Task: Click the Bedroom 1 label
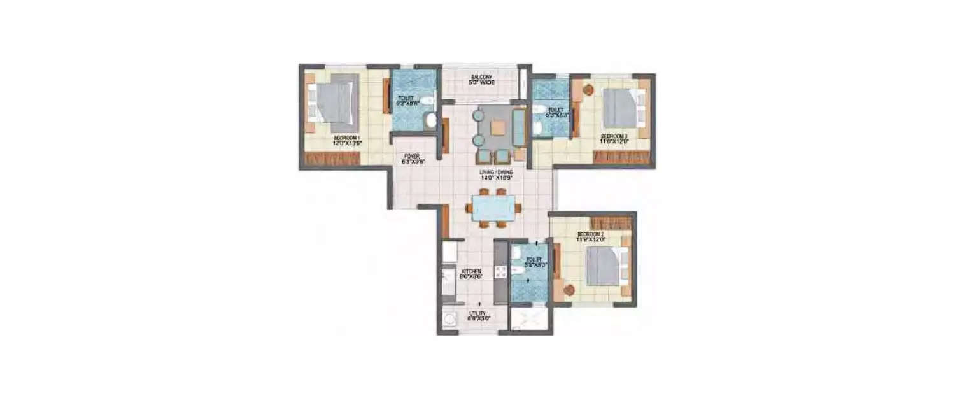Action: pyautogui.click(x=346, y=140)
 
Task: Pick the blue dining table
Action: pyautogui.click(x=493, y=208)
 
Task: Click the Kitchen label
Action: pyautogui.click(x=471, y=274)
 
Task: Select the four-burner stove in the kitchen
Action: pyautogui.click(x=500, y=273)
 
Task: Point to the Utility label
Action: pyautogui.click(x=477, y=316)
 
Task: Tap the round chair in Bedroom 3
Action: pyautogui.click(x=587, y=90)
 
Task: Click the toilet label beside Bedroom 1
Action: pyautogui.click(x=407, y=101)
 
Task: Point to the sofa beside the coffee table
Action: pyautogui.click(x=520, y=127)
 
